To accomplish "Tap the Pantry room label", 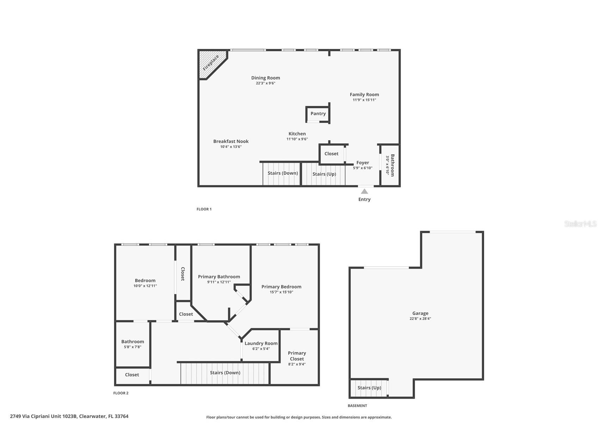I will pyautogui.click(x=318, y=113).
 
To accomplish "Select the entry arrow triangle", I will pyautogui.click(x=364, y=191).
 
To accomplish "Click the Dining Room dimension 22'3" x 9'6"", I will pyautogui.click(x=265, y=83).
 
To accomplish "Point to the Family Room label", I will pyautogui.click(x=364, y=94).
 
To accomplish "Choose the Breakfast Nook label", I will pyautogui.click(x=231, y=141).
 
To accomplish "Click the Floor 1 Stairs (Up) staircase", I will pyautogui.click(x=323, y=174).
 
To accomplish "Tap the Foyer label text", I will pyautogui.click(x=363, y=163).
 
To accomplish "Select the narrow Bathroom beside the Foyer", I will pyautogui.click(x=390, y=165).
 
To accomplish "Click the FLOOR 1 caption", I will pyautogui.click(x=204, y=209).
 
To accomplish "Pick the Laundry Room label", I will pyautogui.click(x=261, y=343).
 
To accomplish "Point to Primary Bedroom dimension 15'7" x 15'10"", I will pyautogui.click(x=281, y=292).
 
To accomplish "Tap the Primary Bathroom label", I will pyautogui.click(x=219, y=277).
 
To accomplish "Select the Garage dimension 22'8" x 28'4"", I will pyautogui.click(x=420, y=319).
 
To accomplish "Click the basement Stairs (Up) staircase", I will pyautogui.click(x=369, y=388).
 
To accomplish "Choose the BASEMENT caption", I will pyautogui.click(x=357, y=406).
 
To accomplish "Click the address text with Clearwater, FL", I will pyautogui.click(x=69, y=416).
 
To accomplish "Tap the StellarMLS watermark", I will pyautogui.click(x=580, y=224).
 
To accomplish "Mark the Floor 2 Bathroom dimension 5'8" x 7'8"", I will pyautogui.click(x=132, y=347).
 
